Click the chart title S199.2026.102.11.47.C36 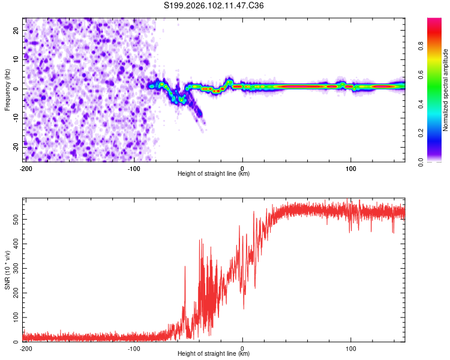214,6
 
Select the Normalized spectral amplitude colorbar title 445,90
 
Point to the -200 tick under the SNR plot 26,348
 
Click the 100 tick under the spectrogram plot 351,168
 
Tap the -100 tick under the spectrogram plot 133,168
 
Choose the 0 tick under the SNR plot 242,348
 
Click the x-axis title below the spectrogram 214,174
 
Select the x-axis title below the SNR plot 214,354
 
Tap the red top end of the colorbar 434,21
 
